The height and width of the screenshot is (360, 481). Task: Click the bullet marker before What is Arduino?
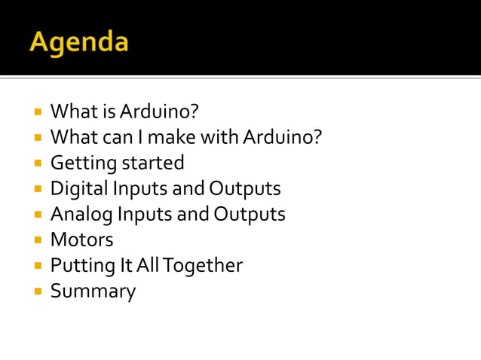[x=36, y=112]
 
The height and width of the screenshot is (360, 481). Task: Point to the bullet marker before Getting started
[x=36, y=163]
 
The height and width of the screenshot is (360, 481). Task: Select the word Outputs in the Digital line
[x=244, y=188]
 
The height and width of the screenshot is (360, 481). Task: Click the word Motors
[x=81, y=239]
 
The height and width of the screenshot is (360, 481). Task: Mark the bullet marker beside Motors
[x=36, y=240]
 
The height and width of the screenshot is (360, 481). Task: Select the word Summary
[x=93, y=291]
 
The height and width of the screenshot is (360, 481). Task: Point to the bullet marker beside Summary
[x=36, y=291]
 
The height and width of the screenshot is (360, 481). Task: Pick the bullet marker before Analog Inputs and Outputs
[x=36, y=215]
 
